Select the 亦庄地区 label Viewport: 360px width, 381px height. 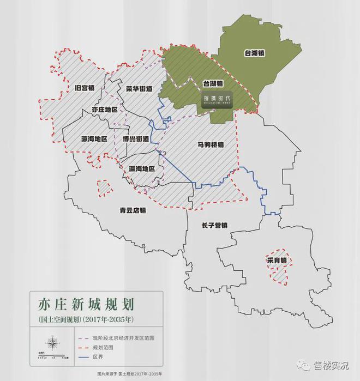click(x=105, y=110)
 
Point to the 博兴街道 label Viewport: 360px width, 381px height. click(x=136, y=139)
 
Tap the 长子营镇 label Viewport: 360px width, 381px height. click(x=214, y=225)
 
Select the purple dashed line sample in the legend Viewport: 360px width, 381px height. click(x=86, y=338)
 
